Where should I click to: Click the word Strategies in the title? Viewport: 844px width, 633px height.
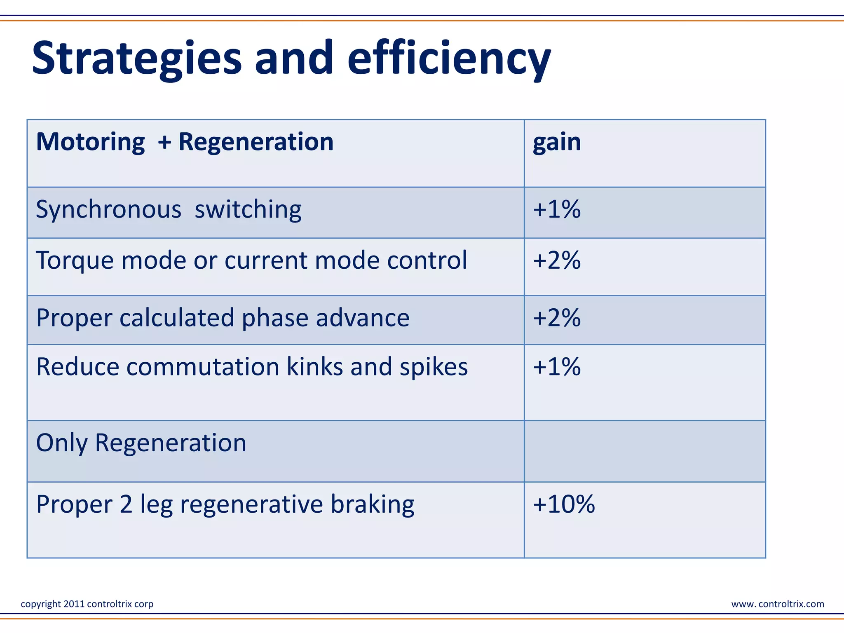pyautogui.click(x=136, y=59)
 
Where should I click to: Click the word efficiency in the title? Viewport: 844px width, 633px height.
pyautogui.click(x=449, y=59)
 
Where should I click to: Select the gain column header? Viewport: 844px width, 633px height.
pyautogui.click(x=557, y=142)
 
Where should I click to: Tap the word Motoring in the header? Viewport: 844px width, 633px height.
pyautogui.click(x=90, y=142)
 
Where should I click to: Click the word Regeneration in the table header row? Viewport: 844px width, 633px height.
pyautogui.click(x=256, y=142)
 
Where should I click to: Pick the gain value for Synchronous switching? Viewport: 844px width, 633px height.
pyautogui.click(x=557, y=209)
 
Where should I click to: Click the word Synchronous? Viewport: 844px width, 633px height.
pyautogui.click(x=108, y=209)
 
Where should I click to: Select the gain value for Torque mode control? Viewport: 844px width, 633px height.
pyautogui.click(x=557, y=260)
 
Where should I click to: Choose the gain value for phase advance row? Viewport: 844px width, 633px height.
pyautogui.click(x=557, y=318)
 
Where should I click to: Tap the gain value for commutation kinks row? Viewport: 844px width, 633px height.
pyautogui.click(x=557, y=366)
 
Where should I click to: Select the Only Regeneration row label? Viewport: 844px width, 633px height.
pyautogui.click(x=141, y=443)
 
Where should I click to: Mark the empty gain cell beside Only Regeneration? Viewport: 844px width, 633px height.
pyautogui.click(x=645, y=451)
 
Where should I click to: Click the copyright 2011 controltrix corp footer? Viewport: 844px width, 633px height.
pyautogui.click(x=87, y=604)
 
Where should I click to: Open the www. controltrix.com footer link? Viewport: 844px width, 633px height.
pyautogui.click(x=777, y=604)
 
